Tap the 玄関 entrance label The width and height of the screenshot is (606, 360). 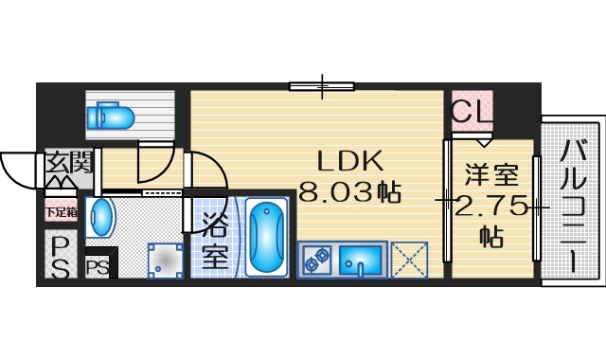(68, 163)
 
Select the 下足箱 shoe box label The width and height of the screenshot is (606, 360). (59, 211)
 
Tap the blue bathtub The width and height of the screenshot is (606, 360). (266, 236)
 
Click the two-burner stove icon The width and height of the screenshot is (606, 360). (317, 257)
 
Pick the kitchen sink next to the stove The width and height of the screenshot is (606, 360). (361, 258)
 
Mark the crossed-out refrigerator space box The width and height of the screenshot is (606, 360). (411, 259)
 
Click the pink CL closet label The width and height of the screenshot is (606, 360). (472, 114)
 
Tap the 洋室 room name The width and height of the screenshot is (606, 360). (490, 175)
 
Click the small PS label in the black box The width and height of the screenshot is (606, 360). (97, 267)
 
